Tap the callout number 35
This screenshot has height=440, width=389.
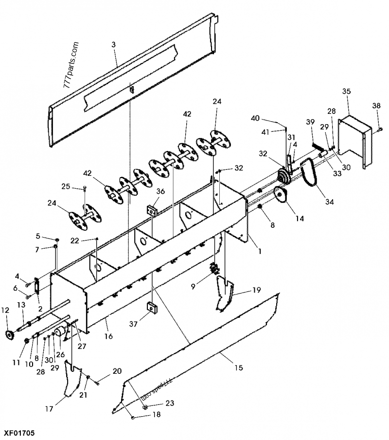coord(346,91)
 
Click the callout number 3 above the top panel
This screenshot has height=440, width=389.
coord(113,45)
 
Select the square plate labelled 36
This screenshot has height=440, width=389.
coord(152,210)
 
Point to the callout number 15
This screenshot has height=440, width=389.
coord(238,368)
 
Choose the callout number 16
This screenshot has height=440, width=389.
coord(108,336)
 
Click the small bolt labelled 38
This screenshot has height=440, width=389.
coord(379,129)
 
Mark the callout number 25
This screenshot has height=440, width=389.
coord(66,186)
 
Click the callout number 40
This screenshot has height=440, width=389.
coord(255,118)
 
